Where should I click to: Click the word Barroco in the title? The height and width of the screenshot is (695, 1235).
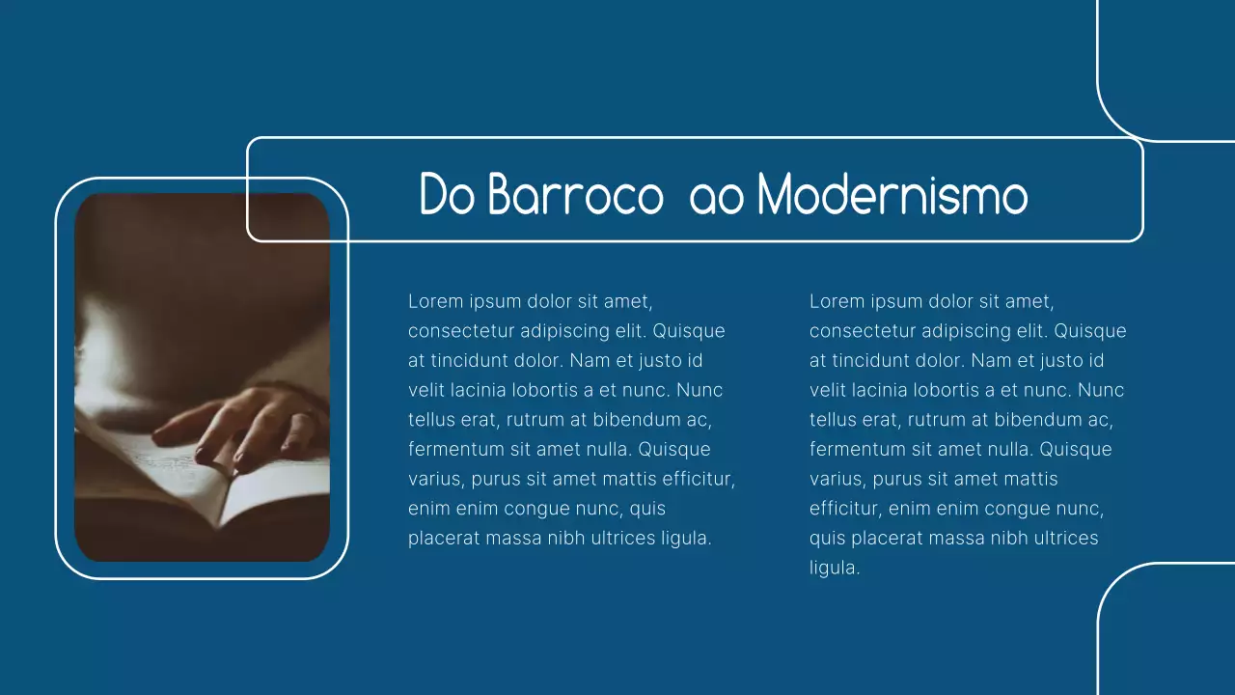575,196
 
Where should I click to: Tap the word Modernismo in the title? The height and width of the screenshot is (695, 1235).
892,196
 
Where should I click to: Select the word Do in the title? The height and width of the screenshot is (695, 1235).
448,196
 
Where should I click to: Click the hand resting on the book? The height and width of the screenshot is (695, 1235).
241,425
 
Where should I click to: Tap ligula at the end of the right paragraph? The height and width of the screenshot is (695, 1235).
834,569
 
